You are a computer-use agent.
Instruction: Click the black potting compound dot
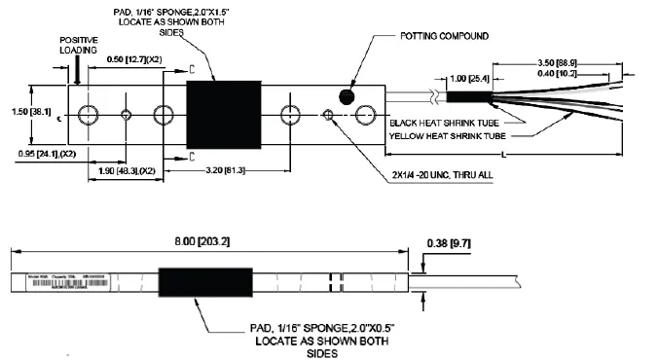click(347, 95)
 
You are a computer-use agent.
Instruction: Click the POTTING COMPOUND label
click(445, 36)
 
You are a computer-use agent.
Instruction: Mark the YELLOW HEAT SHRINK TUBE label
click(450, 135)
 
